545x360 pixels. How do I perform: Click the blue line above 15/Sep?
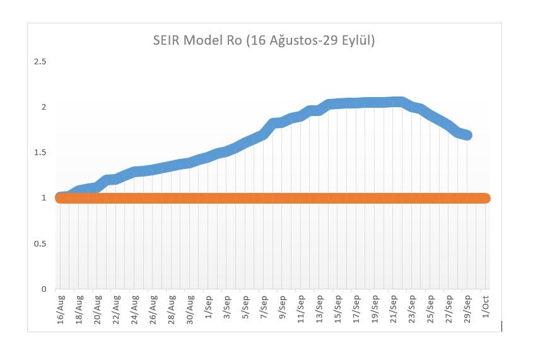[338, 103]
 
